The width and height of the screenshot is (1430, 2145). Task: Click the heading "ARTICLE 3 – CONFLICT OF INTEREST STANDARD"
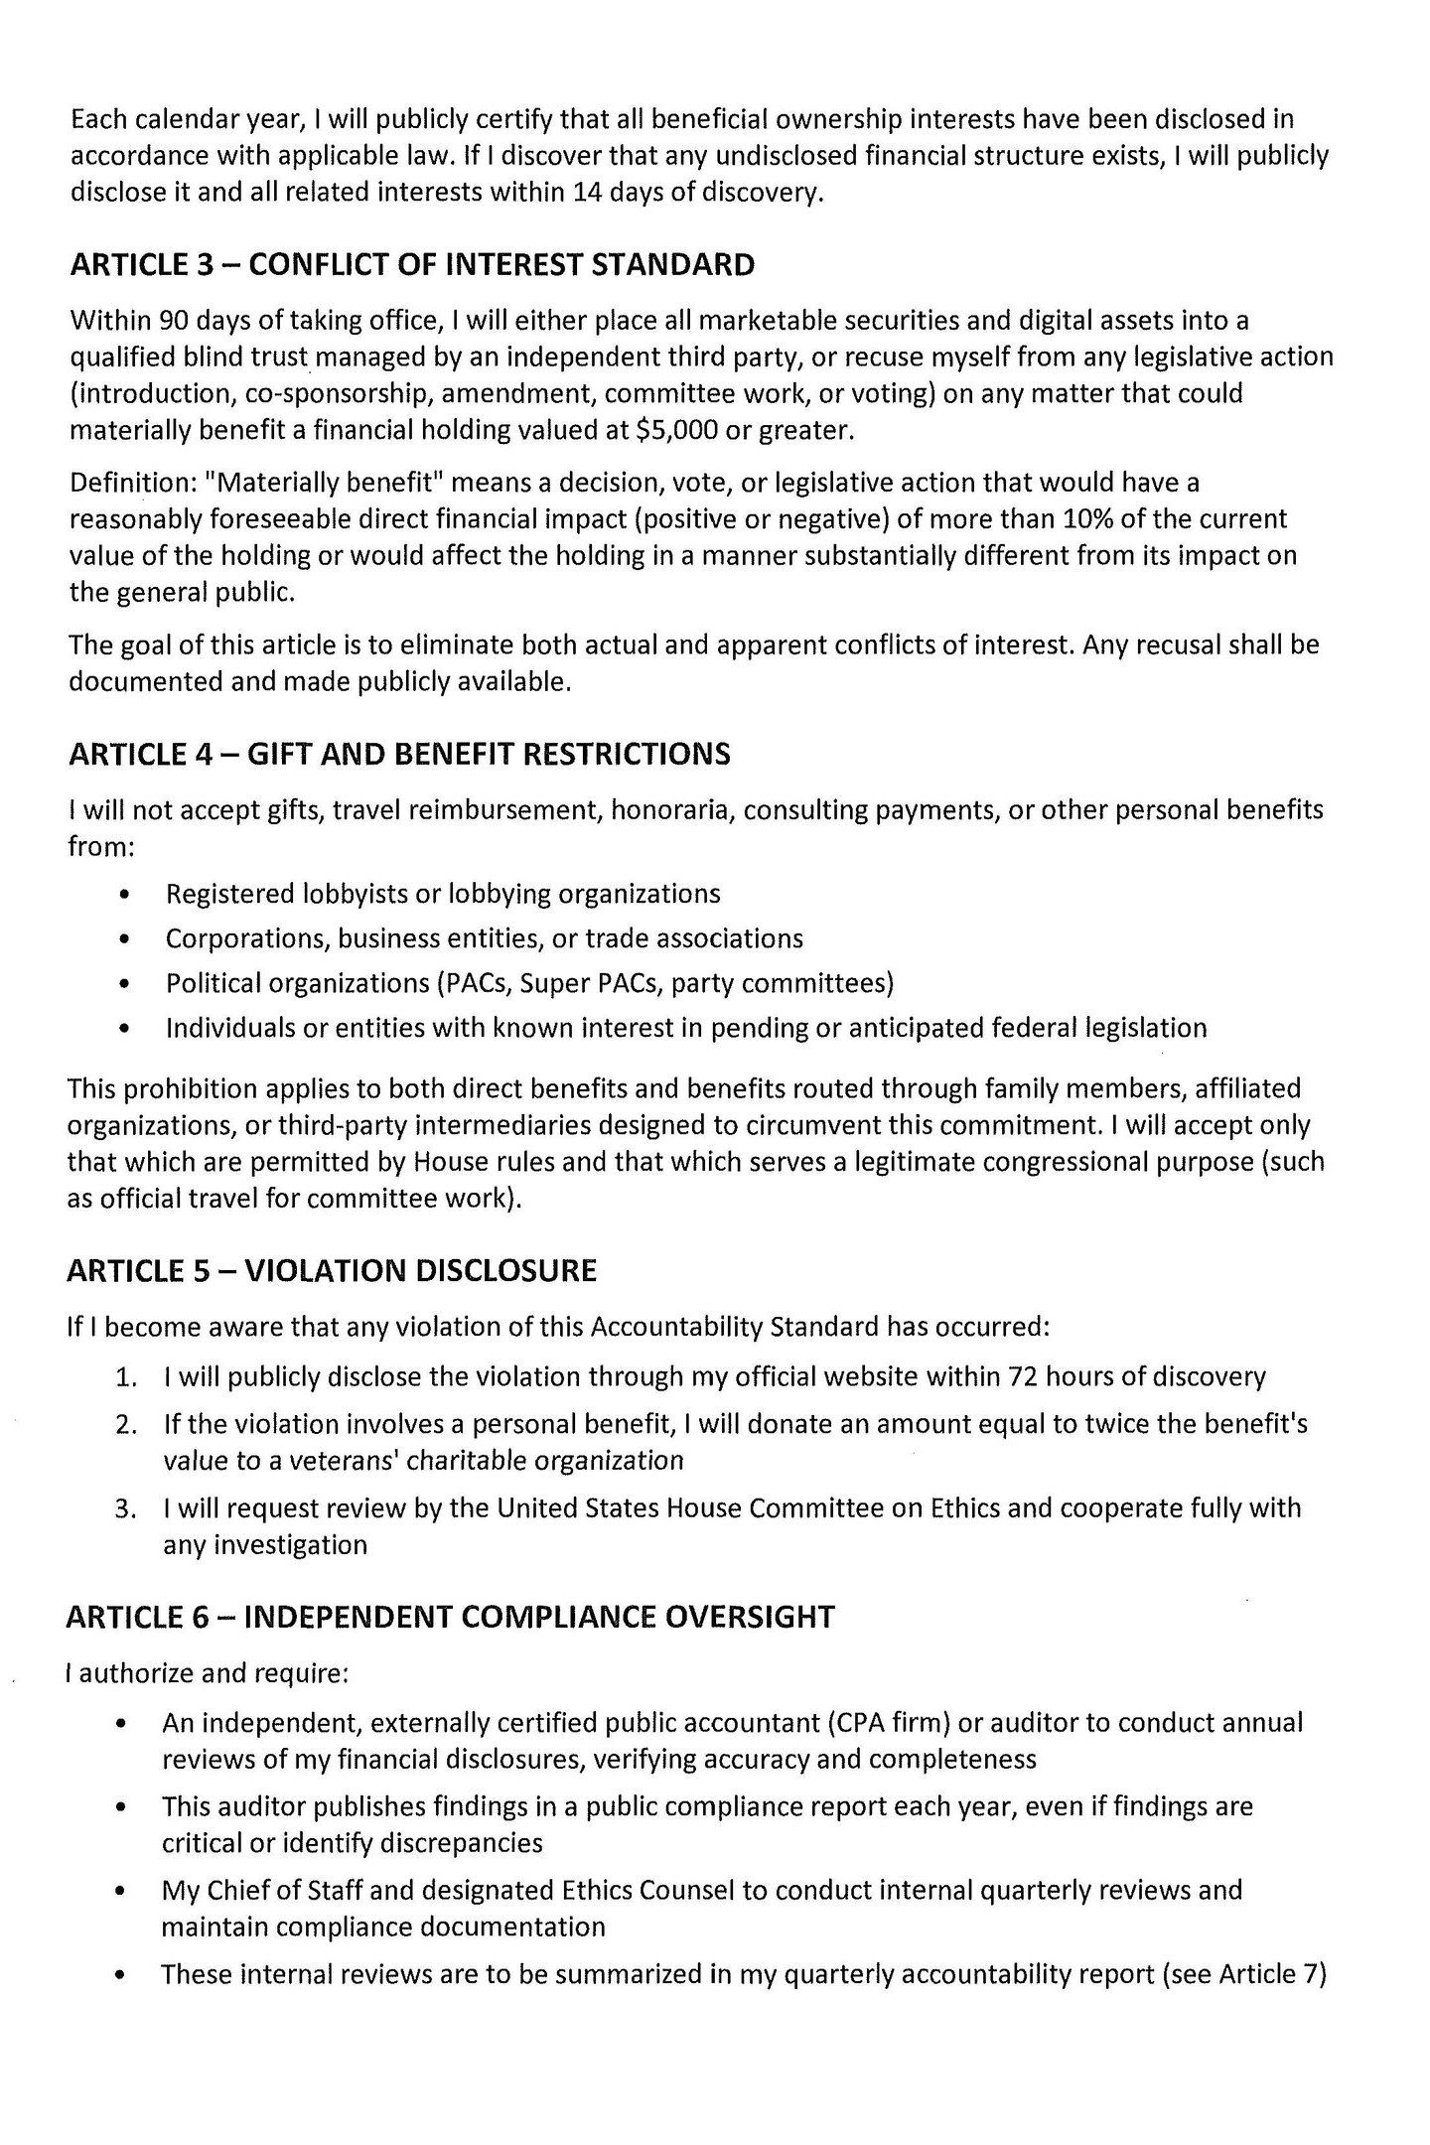(x=412, y=265)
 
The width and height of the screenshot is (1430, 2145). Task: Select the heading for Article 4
(x=399, y=754)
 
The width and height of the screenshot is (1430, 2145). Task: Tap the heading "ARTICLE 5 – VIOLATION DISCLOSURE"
(x=332, y=1271)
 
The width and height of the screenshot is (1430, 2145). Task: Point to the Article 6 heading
(x=450, y=1617)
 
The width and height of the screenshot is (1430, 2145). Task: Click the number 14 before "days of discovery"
(x=590, y=192)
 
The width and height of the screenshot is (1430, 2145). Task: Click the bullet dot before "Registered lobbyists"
(x=122, y=895)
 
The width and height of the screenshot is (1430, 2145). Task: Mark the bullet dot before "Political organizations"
(x=122, y=984)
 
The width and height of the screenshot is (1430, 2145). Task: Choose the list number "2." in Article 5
(x=125, y=1425)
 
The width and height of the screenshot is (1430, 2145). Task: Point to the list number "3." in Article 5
(x=125, y=1508)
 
